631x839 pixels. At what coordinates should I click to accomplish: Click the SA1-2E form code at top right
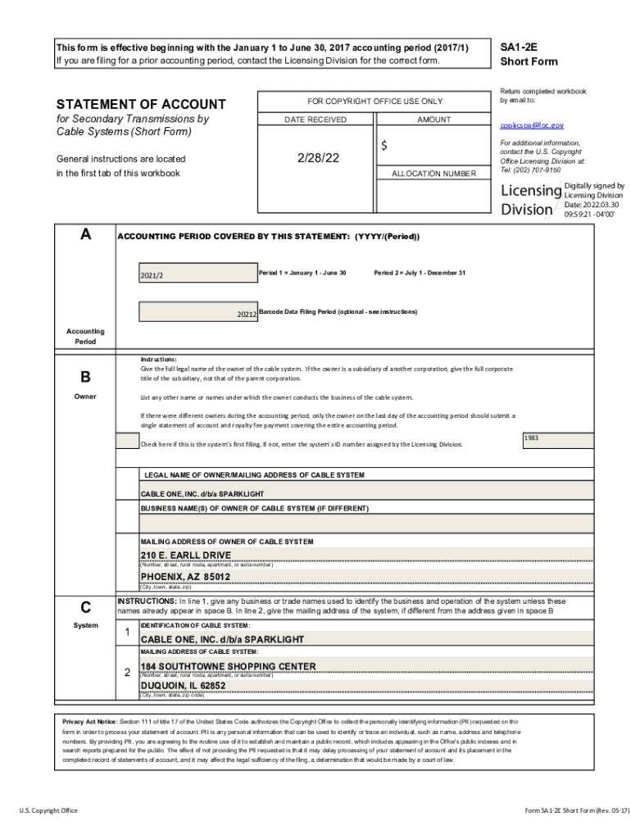[x=516, y=47]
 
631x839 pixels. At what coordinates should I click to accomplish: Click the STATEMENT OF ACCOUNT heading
[x=140, y=104]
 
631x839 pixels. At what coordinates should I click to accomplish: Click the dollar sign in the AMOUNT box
[x=384, y=146]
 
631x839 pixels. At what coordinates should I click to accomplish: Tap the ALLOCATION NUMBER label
[x=434, y=174]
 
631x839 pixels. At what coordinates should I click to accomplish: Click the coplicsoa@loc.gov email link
[x=532, y=125]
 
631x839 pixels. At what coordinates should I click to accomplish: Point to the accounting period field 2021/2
[x=152, y=274]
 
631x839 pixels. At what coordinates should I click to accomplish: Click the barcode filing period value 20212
[x=247, y=314]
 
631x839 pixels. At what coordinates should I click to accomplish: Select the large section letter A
[x=85, y=235]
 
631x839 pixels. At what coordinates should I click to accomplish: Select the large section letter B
[x=85, y=378]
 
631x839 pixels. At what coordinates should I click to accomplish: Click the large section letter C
[x=85, y=607]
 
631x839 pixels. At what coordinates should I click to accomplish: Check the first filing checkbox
[x=127, y=441]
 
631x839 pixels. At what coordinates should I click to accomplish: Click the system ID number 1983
[x=532, y=438]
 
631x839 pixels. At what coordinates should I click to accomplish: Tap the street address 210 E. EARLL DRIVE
[x=186, y=555]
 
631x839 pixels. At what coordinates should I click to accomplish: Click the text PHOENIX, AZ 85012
[x=185, y=577]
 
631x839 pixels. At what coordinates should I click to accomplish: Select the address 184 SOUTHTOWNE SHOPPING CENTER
[x=228, y=666]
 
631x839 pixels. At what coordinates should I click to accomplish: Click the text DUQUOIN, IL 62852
[x=183, y=686]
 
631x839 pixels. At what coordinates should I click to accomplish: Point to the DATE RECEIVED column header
[x=315, y=120]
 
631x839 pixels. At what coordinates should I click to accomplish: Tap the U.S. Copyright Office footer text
[x=48, y=810]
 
